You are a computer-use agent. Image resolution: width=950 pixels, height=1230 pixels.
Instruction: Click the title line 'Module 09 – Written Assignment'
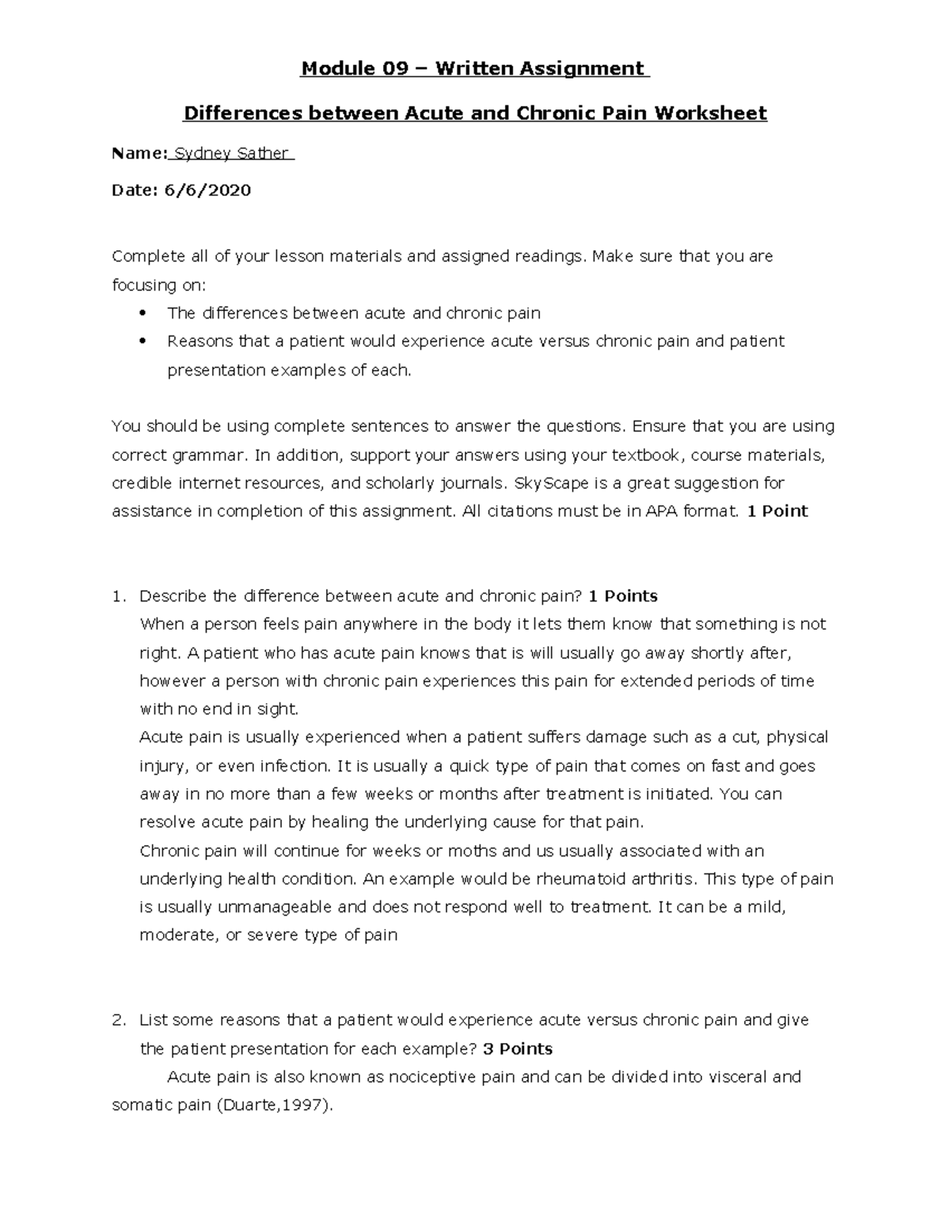click(x=475, y=69)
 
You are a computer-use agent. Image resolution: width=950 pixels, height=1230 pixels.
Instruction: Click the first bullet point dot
click(x=143, y=313)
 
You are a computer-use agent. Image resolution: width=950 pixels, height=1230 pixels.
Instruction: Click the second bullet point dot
click(x=143, y=341)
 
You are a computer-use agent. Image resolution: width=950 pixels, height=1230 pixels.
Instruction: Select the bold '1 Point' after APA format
click(x=777, y=512)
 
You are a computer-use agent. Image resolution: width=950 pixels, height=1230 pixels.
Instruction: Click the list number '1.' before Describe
click(x=119, y=596)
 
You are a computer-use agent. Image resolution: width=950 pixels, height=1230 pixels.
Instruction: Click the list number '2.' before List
click(x=119, y=1020)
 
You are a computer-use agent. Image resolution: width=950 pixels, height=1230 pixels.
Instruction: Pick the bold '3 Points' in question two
click(x=518, y=1049)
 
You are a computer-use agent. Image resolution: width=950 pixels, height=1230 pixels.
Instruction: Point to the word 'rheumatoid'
click(x=578, y=879)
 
